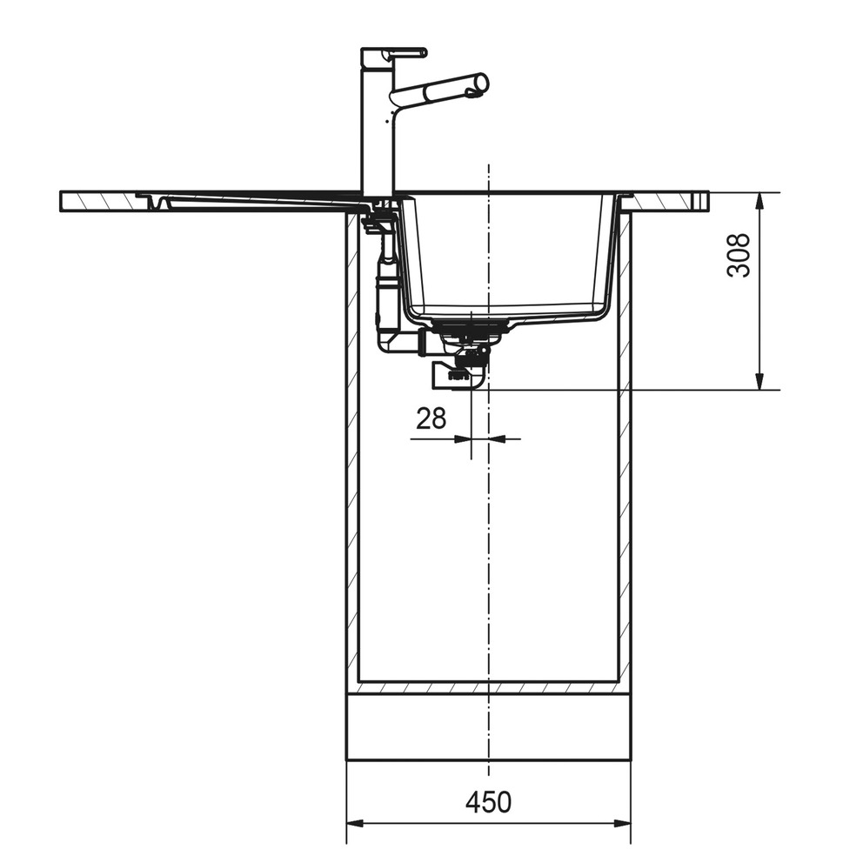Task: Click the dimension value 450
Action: coord(488,802)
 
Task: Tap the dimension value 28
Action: coord(431,418)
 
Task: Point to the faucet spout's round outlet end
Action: coord(480,84)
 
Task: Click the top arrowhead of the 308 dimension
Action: coord(759,201)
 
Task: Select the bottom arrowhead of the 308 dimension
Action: coord(759,381)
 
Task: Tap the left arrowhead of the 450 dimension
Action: coord(355,824)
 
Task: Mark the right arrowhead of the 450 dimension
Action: coord(622,824)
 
